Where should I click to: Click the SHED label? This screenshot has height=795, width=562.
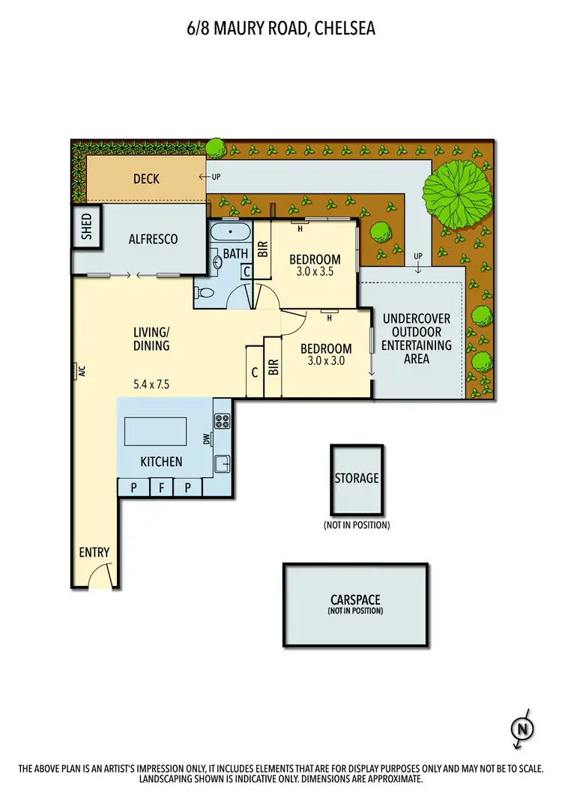pyautogui.click(x=86, y=226)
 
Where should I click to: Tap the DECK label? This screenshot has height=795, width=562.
pyautogui.click(x=147, y=178)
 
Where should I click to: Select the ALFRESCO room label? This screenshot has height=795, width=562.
pyautogui.click(x=153, y=239)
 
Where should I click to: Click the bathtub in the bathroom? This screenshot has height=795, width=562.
pyautogui.click(x=230, y=231)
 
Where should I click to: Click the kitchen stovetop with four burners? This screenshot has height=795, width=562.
pyautogui.click(x=223, y=420)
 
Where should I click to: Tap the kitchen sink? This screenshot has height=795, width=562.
pyautogui.click(x=223, y=464)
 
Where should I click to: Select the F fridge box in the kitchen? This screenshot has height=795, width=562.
pyautogui.click(x=161, y=488)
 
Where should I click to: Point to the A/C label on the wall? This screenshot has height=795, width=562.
pyautogui.click(x=78, y=372)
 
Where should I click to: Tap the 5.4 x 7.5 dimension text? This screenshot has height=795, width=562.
pyautogui.click(x=151, y=384)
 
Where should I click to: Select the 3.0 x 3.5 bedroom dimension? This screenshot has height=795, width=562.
pyautogui.click(x=315, y=272)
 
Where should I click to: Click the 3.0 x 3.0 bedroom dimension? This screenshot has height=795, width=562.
pyautogui.click(x=326, y=360)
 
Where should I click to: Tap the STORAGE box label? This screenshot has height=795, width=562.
pyautogui.click(x=357, y=477)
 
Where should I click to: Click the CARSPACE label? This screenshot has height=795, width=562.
pyautogui.click(x=355, y=600)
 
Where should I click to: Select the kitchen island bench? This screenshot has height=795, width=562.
pyautogui.click(x=155, y=432)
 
